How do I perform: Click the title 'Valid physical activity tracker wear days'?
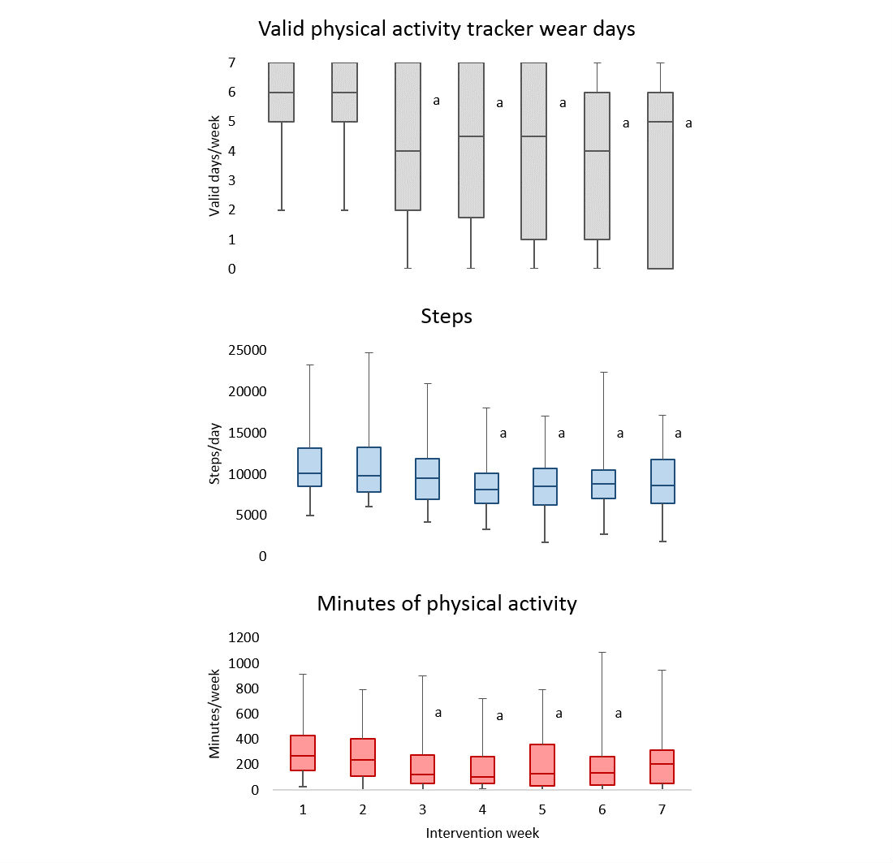(446, 29)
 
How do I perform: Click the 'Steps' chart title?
(446, 317)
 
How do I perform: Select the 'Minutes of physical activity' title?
(446, 603)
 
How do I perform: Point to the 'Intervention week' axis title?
(482, 833)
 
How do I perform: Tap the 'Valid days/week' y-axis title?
(215, 166)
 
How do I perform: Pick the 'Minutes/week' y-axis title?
(215, 714)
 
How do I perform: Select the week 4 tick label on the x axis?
(482, 809)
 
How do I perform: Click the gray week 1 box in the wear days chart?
(281, 92)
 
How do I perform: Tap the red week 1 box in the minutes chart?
(302, 753)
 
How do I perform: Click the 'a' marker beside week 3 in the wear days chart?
(436, 101)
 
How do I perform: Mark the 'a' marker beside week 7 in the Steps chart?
(678, 434)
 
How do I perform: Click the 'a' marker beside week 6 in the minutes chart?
(618, 714)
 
